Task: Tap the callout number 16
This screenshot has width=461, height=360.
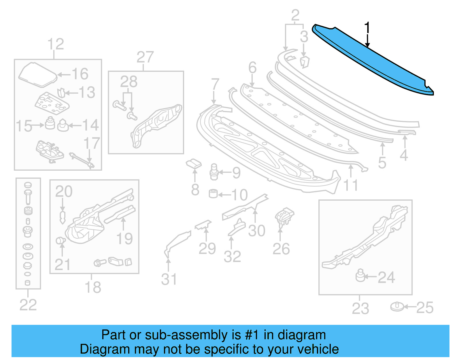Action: tap(80, 74)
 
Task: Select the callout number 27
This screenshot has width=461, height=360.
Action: tap(145, 57)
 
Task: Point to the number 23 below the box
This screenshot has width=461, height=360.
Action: tap(360, 308)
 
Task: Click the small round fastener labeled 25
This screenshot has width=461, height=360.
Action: tap(397, 307)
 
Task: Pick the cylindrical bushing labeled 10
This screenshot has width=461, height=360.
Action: tap(213, 193)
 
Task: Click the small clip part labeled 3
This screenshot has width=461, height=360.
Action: tap(304, 62)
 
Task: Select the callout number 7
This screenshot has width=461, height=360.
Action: tap(215, 84)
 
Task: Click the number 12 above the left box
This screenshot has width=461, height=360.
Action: tap(56, 44)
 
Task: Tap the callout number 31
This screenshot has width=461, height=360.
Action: tap(169, 279)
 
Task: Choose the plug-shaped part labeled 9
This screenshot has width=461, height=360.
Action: tap(214, 172)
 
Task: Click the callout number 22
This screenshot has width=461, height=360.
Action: tap(28, 305)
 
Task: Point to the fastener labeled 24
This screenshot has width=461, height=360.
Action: tap(360, 276)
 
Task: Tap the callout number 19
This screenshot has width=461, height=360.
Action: tap(124, 238)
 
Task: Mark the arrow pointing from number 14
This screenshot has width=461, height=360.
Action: tap(75, 125)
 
